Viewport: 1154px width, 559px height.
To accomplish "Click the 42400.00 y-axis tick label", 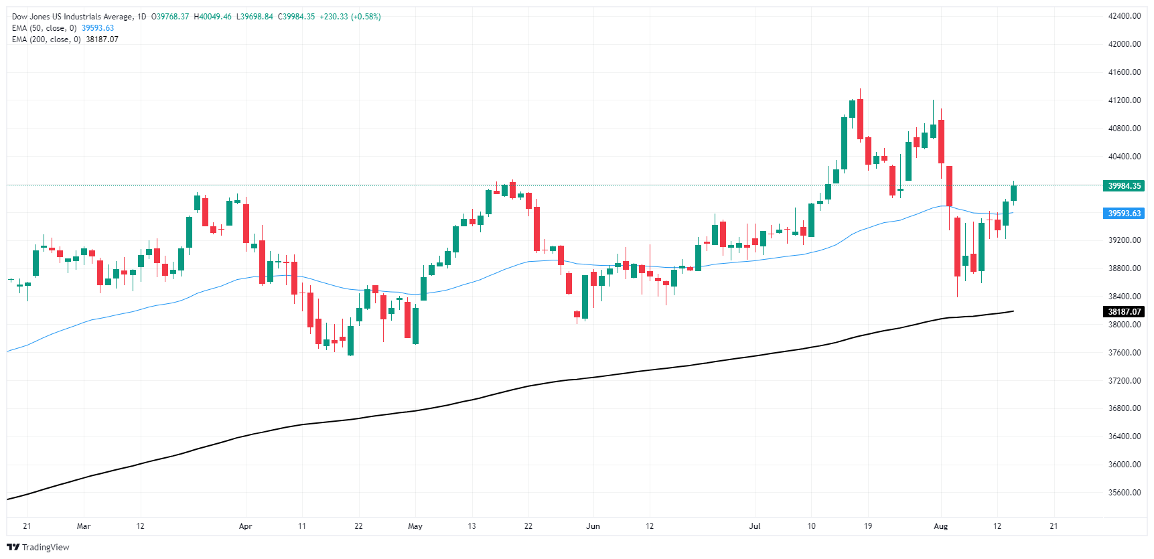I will click(1124, 16).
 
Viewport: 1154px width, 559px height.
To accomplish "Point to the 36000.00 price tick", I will click(1124, 465).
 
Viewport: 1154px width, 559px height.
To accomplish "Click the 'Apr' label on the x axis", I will click(246, 526).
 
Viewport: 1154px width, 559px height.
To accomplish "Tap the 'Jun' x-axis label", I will click(593, 526).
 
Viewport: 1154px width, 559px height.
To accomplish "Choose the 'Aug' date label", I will click(941, 526).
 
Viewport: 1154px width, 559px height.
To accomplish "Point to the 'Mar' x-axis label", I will click(84, 526).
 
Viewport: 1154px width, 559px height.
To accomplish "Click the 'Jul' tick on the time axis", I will click(755, 526).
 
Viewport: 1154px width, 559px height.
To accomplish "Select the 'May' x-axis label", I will click(415, 526).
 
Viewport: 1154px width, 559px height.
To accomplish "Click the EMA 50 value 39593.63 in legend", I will click(98, 28).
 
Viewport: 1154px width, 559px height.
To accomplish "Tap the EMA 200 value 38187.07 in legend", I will click(102, 39).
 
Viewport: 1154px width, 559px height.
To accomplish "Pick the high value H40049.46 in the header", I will click(212, 17).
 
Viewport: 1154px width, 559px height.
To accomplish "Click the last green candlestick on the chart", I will click(1013, 193).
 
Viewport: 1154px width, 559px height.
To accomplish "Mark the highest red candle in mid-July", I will click(860, 119).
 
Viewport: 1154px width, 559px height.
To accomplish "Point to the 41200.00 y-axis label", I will click(1124, 100).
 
